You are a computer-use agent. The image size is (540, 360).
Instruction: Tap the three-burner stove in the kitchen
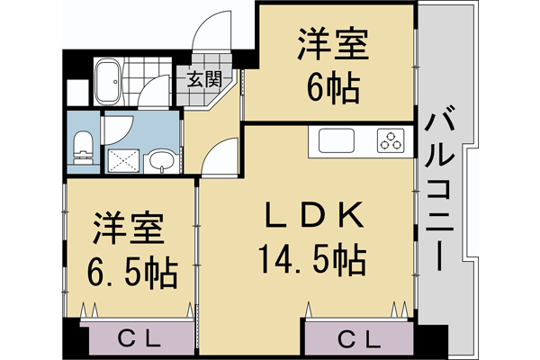[391, 141]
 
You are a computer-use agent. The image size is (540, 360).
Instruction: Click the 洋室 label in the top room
[332, 44]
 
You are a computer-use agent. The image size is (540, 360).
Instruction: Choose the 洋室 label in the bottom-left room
[128, 229]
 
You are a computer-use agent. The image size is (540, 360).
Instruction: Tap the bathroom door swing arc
[153, 90]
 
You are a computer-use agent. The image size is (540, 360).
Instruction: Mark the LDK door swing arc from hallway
[220, 157]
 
